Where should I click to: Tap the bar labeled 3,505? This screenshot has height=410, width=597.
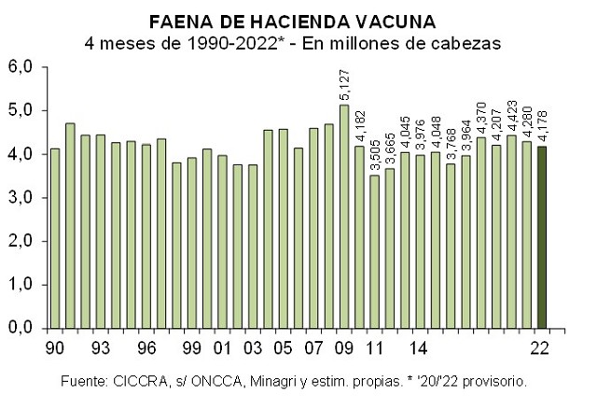tap(375, 251)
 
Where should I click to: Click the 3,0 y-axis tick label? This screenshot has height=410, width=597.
tap(21, 198)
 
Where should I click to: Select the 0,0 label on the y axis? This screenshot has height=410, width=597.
tap(21, 329)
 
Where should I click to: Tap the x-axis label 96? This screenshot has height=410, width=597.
tap(146, 348)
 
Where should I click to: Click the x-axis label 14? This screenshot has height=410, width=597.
tap(420, 348)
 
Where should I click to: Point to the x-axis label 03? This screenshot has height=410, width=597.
tap(253, 348)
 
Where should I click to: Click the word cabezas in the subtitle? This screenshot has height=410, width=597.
tap(469, 42)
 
